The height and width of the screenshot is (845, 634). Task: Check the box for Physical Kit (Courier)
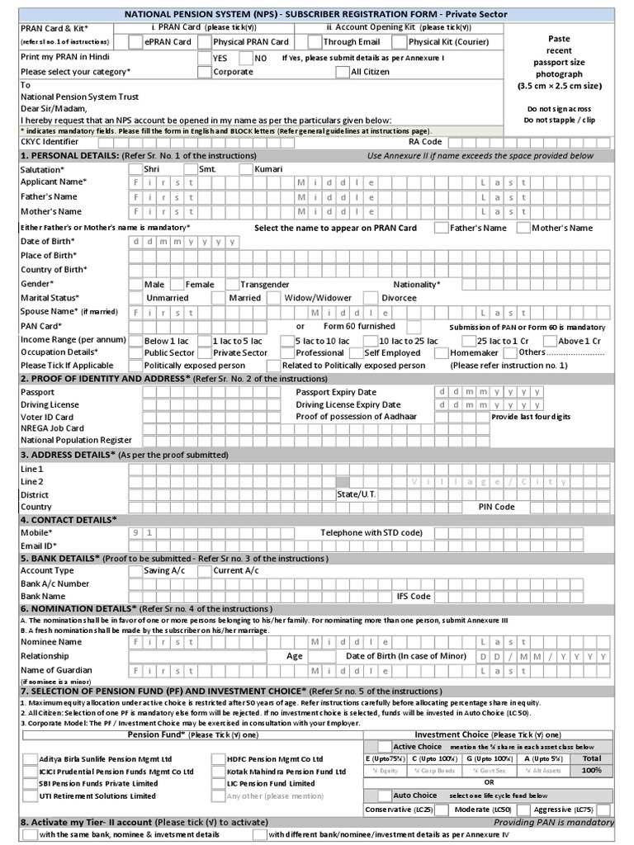pyautogui.click(x=401, y=42)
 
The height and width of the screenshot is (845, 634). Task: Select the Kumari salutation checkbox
pyautogui.click(x=245, y=168)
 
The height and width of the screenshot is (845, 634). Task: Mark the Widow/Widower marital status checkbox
pyautogui.click(x=277, y=298)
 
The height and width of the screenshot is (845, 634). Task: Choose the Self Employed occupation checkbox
pyautogui.click(x=357, y=352)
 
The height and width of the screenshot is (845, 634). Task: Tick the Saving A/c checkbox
pyautogui.click(x=137, y=570)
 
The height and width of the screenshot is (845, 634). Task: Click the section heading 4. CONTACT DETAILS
pyautogui.click(x=69, y=520)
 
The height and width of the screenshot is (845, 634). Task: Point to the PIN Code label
pyautogui.click(x=497, y=507)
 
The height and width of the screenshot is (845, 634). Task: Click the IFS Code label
pyautogui.click(x=414, y=596)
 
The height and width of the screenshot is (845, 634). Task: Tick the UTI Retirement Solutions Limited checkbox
pyautogui.click(x=31, y=796)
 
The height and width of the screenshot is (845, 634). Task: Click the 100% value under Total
pyautogui.click(x=591, y=770)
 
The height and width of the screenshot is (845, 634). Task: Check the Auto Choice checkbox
pyautogui.click(x=384, y=795)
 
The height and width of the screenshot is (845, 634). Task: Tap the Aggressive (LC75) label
pyautogui.click(x=564, y=810)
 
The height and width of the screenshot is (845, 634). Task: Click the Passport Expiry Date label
pyautogui.click(x=336, y=392)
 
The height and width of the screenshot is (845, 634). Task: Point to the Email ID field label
pyautogui.click(x=39, y=546)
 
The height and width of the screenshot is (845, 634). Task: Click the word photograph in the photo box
pyautogui.click(x=559, y=74)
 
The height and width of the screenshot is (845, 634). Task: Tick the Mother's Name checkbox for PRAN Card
pyautogui.click(x=524, y=228)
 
